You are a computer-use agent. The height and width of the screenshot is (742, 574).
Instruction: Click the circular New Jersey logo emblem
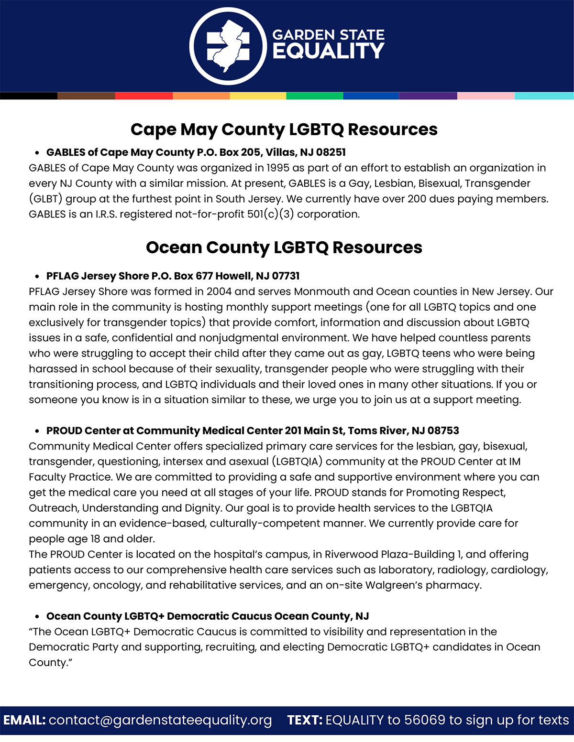pos(228,46)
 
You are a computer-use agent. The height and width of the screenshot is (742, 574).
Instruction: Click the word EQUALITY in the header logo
pos(328,51)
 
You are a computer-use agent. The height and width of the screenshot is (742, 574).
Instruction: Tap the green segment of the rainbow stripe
pos(315,96)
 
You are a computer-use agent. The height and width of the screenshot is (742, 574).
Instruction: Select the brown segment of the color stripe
pos(86,96)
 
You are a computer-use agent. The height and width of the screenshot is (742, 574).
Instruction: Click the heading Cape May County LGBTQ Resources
pos(284,129)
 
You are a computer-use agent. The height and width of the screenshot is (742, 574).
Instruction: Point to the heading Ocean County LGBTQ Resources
pos(284,247)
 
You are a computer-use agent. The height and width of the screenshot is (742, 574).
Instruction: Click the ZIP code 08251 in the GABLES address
pos(331,152)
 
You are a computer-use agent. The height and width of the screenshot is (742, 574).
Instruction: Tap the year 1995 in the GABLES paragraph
pos(278,168)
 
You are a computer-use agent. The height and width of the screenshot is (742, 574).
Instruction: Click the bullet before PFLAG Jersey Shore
pos(37,277)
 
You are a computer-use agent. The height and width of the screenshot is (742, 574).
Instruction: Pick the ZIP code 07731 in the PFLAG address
pos(286,276)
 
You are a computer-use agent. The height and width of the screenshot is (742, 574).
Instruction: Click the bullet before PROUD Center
pos(37,431)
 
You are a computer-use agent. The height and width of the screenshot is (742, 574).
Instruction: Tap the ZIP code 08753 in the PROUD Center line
pos(443,431)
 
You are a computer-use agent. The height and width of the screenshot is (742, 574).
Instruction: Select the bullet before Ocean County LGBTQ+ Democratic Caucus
pos(37,617)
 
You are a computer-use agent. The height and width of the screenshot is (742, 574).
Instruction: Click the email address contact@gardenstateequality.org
pos(160,720)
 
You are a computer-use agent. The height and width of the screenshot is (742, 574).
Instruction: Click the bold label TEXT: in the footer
pos(305,720)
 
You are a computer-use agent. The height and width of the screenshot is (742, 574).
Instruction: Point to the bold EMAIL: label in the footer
pos(24,720)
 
